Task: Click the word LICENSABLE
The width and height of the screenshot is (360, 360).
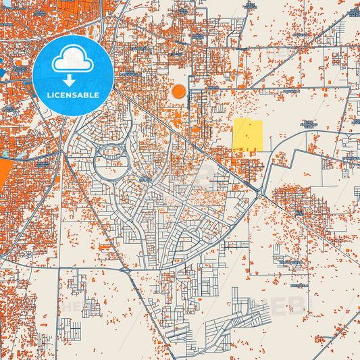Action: pos(73,95)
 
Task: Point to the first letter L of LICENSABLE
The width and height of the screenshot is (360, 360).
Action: pos(48,95)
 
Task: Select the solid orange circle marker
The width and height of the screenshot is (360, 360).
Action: pos(179,91)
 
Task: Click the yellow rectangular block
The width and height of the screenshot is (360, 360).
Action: pos(248,135)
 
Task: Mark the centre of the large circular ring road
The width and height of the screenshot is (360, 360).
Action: pos(111,161)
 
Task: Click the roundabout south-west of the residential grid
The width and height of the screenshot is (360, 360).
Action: pos(126,270)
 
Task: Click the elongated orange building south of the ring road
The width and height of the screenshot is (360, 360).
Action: pos(105,247)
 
